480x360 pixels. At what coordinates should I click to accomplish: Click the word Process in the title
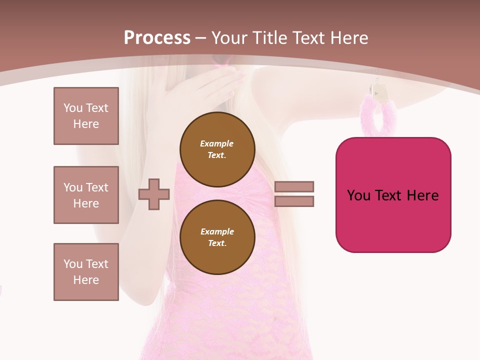pos(157,38)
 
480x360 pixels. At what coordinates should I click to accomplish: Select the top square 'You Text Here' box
pos(86,116)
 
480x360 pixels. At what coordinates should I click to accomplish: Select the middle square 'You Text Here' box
pos(86,195)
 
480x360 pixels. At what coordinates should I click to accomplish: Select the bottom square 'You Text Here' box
pos(86,271)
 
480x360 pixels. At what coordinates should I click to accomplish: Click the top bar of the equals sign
pos(294,187)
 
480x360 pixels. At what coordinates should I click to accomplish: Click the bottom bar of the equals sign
pos(294,201)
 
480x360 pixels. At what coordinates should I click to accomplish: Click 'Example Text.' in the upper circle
pos(217,149)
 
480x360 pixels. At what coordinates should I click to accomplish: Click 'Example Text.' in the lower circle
pos(217,237)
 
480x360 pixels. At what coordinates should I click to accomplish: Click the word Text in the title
pos(309,38)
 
